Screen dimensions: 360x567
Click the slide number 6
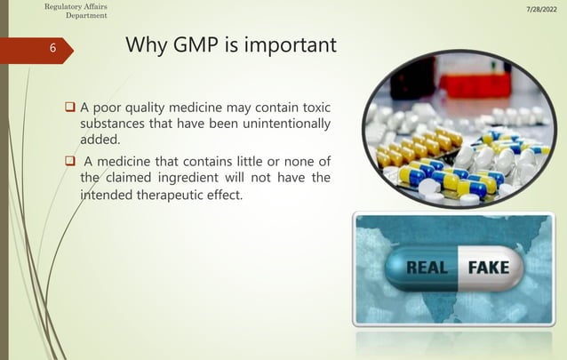pyautogui.click(x=51, y=50)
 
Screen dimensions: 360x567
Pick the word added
pyautogui.click(x=100, y=140)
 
